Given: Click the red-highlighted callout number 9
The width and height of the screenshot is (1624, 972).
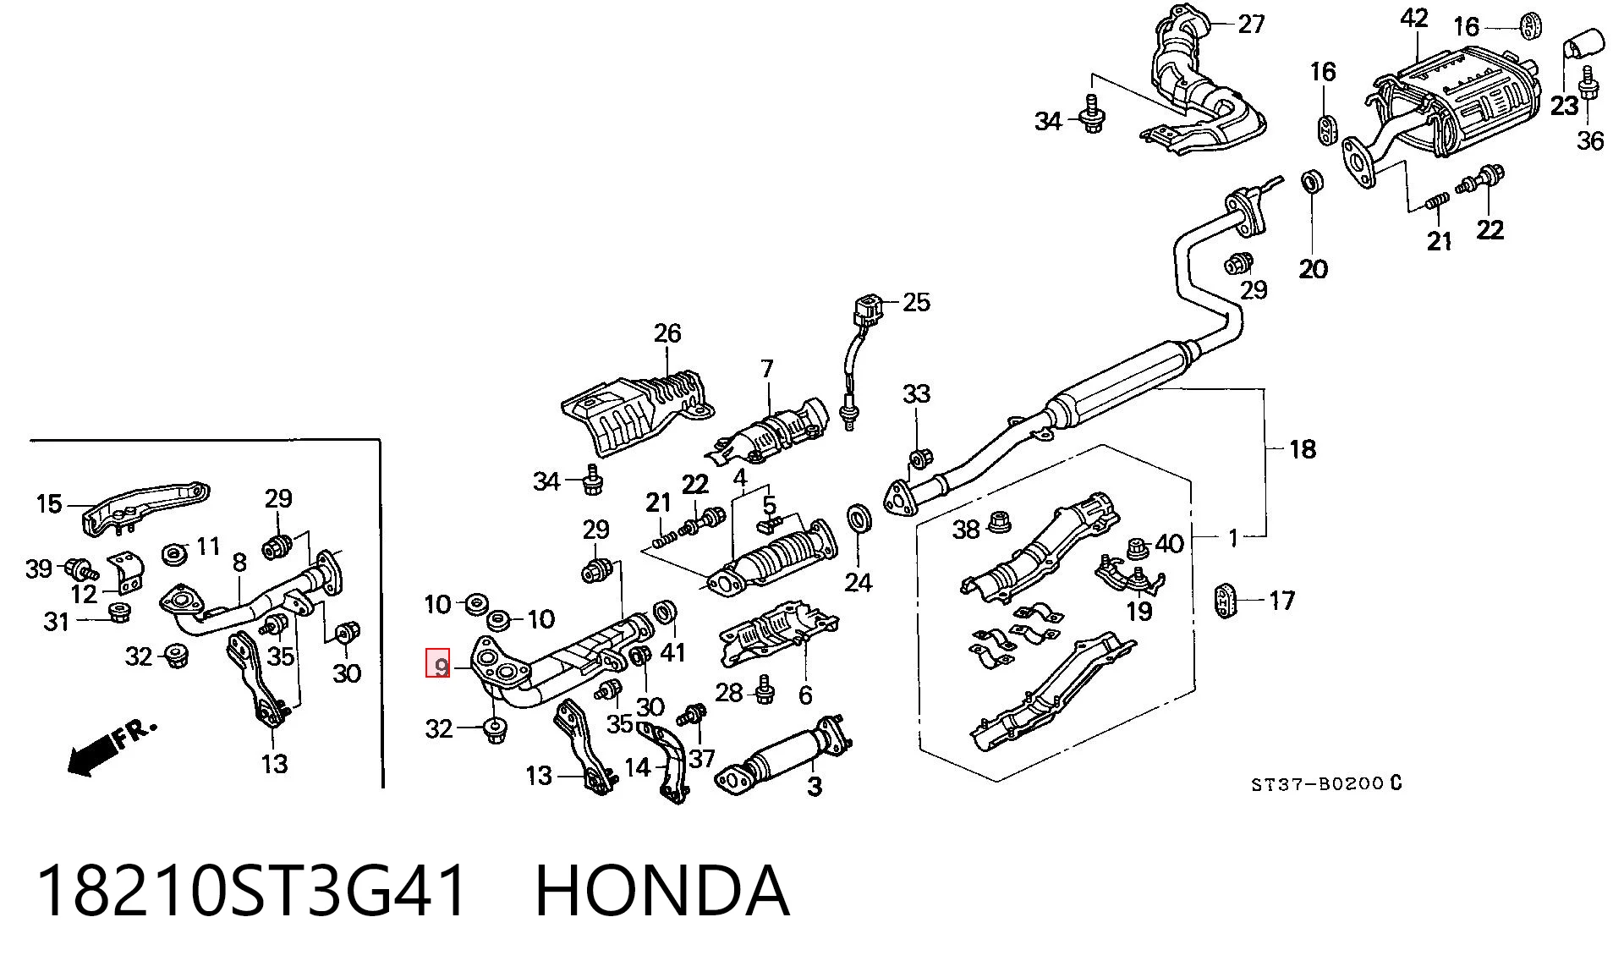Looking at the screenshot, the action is tap(438, 663).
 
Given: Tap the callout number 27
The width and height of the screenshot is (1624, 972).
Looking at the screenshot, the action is tap(1251, 24).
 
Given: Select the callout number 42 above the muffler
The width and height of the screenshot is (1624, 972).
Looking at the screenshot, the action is tap(1414, 18).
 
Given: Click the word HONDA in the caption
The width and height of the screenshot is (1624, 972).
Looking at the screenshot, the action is tap(662, 891).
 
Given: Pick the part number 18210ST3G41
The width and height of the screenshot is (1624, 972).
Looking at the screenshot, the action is tap(251, 891).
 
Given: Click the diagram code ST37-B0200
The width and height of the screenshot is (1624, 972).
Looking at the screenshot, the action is tap(1317, 784).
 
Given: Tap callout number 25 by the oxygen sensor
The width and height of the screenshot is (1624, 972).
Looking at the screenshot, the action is tap(916, 302).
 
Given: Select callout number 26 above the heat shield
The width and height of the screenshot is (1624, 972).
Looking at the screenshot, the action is tap(667, 333).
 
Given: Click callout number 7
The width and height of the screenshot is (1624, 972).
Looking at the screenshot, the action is tap(767, 369).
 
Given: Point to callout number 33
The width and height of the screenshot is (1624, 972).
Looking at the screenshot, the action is tap(916, 393).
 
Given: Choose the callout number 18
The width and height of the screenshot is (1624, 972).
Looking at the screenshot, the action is tap(1303, 448).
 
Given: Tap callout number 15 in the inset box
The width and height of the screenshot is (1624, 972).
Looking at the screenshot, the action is tap(49, 504).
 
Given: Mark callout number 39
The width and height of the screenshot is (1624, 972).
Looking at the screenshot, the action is tap(39, 568).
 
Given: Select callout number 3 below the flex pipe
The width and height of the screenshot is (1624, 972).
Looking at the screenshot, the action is tap(815, 787).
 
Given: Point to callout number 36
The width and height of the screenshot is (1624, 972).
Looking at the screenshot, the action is tap(1590, 140).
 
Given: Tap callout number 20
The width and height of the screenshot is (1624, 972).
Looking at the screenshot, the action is tap(1313, 269).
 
